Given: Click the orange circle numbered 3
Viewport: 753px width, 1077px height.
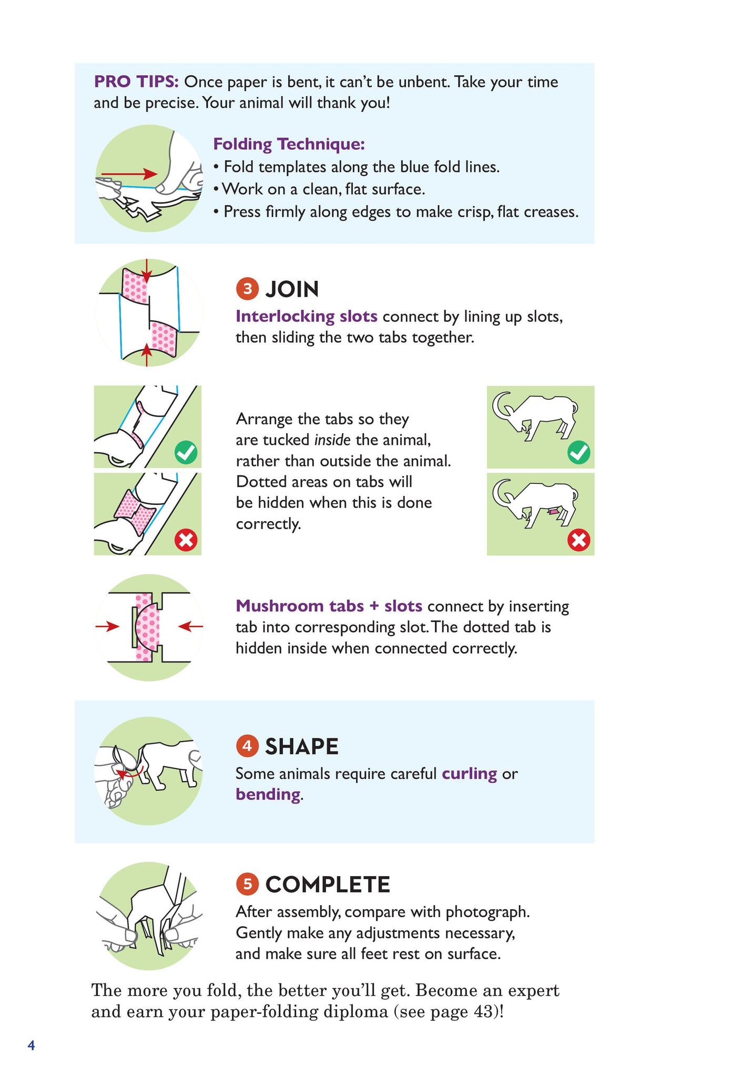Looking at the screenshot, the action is pos(247,289).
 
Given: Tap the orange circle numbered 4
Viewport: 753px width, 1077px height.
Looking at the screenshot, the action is pos(247,746).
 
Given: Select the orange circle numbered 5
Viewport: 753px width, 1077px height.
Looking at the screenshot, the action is pos(247,884).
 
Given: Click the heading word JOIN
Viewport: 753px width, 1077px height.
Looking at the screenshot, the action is pos(292,289).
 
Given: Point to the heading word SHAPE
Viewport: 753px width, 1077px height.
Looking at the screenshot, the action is pos(302,746).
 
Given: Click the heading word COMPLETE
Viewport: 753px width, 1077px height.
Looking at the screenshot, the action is pos(328,885).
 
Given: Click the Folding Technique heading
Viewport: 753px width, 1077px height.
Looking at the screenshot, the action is pos(289,144).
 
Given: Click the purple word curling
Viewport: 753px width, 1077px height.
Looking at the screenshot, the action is pos(470,774).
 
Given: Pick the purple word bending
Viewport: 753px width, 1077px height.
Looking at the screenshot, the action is pos(268,794).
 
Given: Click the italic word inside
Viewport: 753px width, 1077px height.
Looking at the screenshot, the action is pos(332,440).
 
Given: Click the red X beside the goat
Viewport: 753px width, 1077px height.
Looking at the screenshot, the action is pos(579,540).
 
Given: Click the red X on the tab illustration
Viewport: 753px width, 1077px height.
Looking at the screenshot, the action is pos(186,540).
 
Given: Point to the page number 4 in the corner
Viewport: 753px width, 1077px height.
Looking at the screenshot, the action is pos(31,1045).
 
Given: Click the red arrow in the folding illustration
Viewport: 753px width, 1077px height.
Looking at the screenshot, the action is pos(129,174).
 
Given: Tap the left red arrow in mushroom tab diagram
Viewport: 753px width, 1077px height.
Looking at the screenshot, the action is pos(108,626).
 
